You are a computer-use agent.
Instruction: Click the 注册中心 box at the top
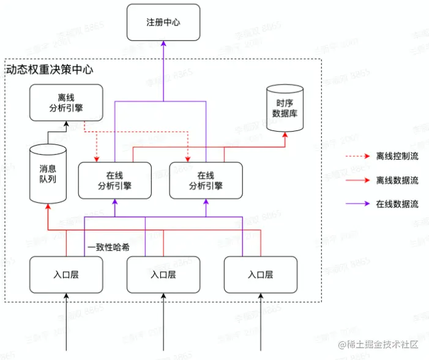coord(163,22)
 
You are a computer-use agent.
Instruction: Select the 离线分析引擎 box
coord(66,102)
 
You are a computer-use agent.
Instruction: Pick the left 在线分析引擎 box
coord(114,180)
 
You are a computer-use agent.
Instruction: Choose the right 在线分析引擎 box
coord(206,180)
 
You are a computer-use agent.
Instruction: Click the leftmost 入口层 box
coord(66,274)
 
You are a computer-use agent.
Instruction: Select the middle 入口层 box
coord(163,274)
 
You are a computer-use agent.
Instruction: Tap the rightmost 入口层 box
coord(261,274)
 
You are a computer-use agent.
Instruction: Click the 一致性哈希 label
coord(107,248)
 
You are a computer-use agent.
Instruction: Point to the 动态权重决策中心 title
coord(49,70)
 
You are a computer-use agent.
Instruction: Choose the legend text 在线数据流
coord(397,204)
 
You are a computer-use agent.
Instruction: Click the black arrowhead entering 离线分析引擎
coord(66,125)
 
